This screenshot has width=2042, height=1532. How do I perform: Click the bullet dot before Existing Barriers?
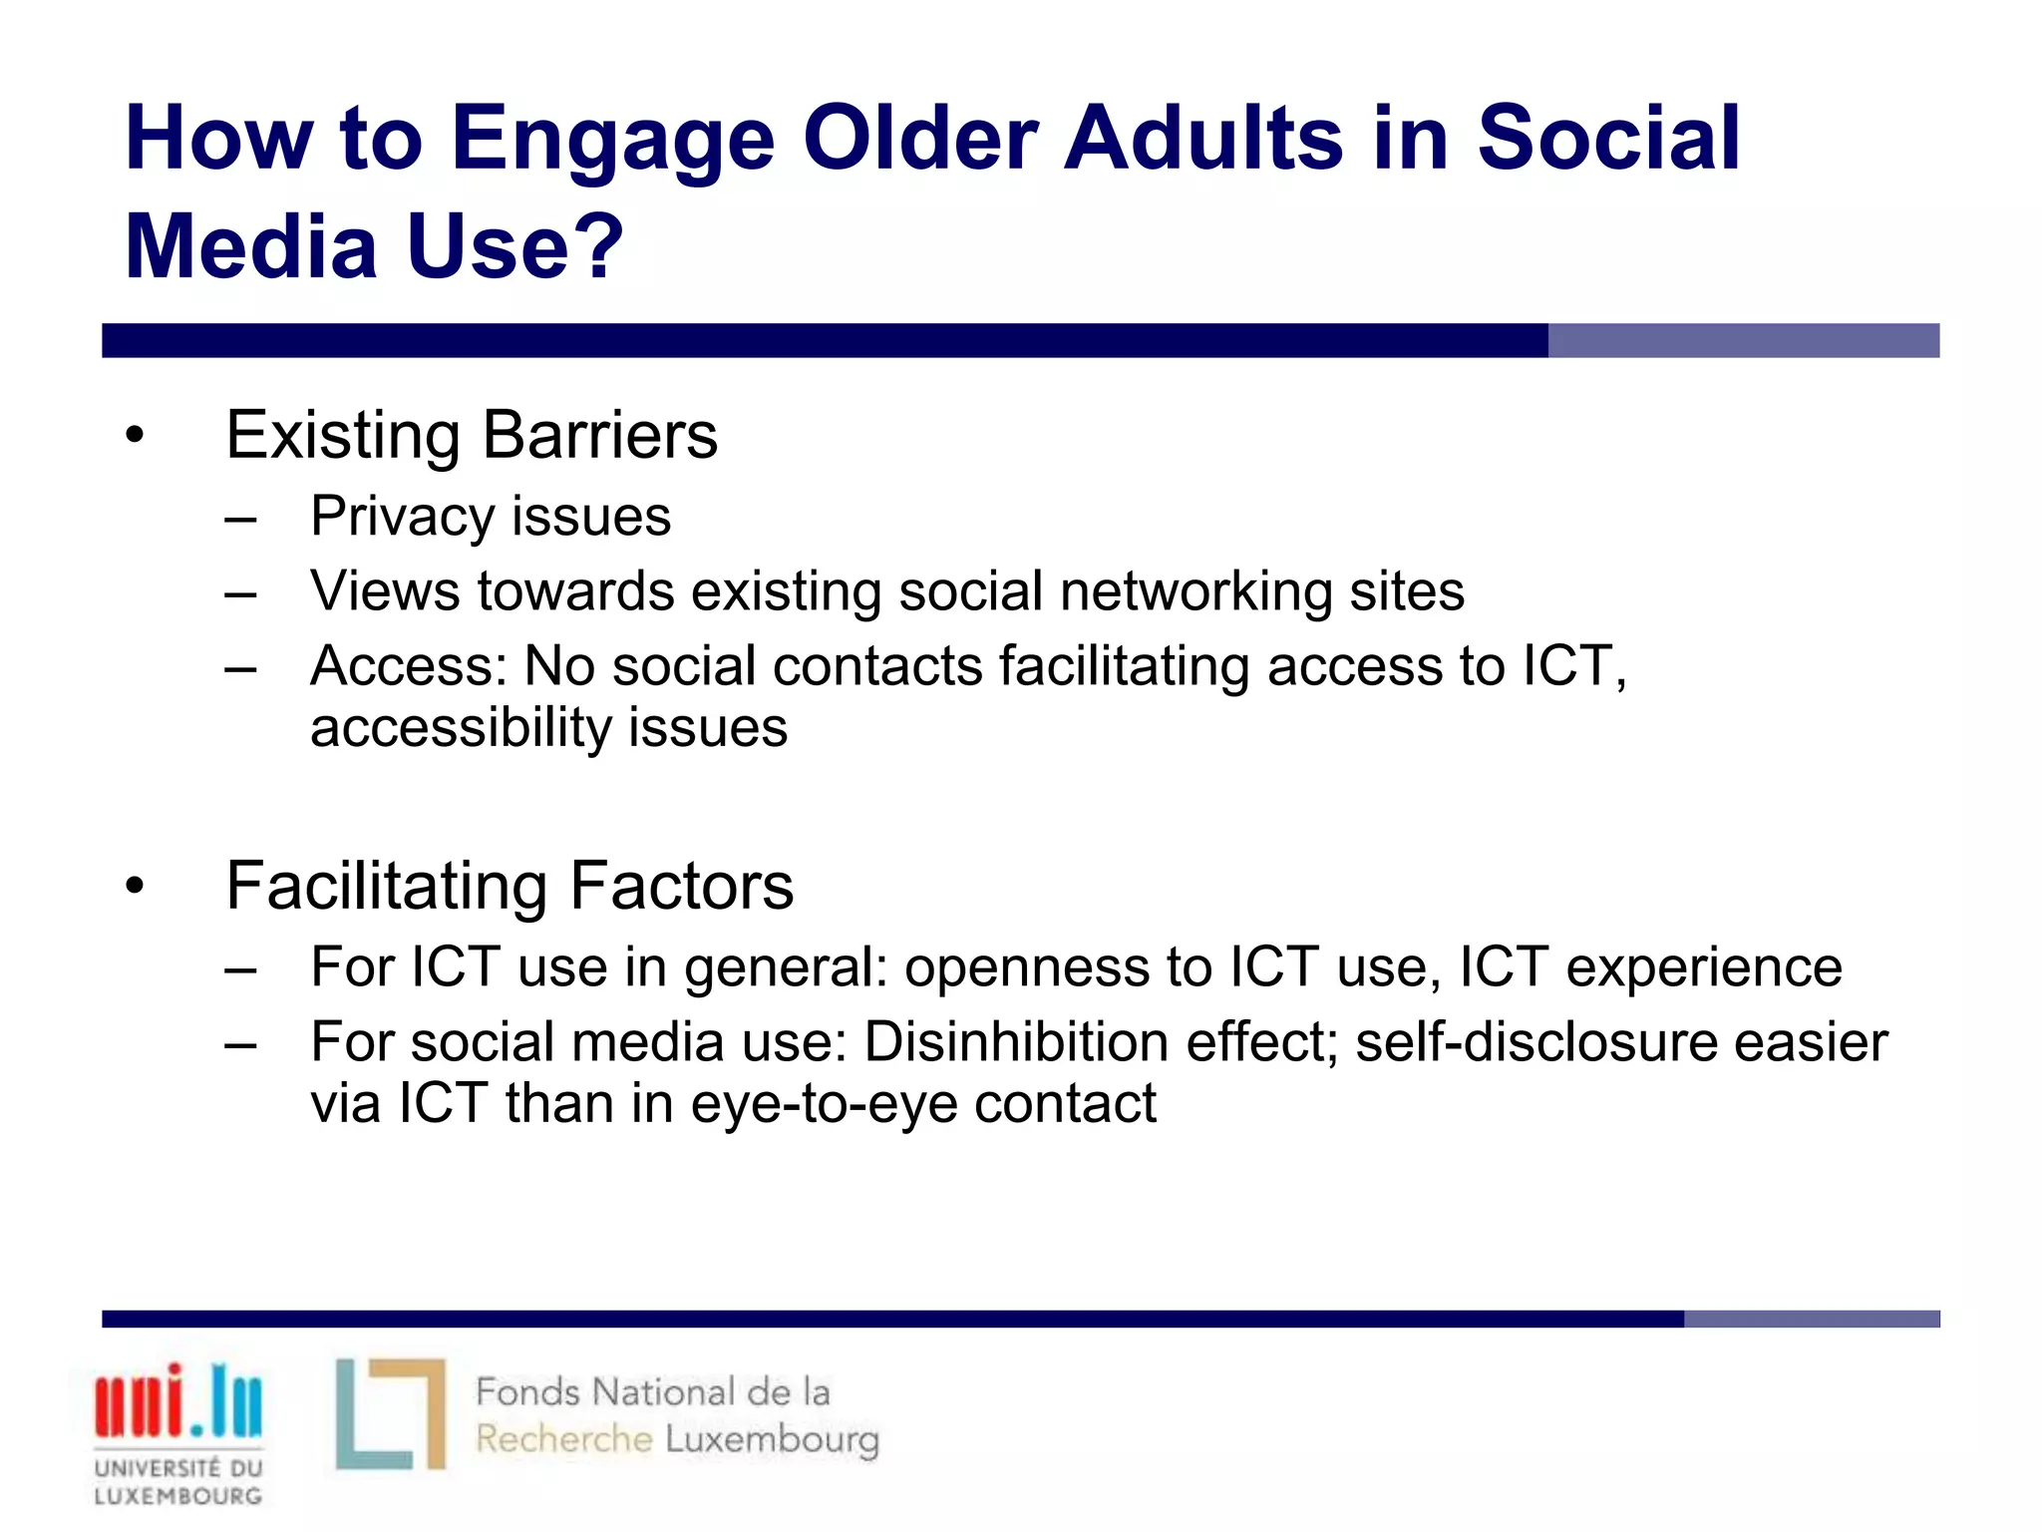[136, 436]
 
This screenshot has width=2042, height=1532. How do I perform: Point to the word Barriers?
[599, 436]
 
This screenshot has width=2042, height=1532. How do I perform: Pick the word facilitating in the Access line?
[1124, 665]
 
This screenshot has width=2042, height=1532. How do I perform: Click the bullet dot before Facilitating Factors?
[136, 886]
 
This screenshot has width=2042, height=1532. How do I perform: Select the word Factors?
[681, 886]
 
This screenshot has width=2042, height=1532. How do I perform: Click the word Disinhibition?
[1016, 1042]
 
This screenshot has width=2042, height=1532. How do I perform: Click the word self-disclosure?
[1534, 1042]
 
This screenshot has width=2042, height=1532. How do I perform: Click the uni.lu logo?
[178, 1401]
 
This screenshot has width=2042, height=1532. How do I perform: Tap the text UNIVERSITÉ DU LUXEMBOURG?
[178, 1481]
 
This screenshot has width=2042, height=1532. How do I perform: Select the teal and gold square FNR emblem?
[390, 1413]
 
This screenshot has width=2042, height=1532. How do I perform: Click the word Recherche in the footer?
[563, 1439]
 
